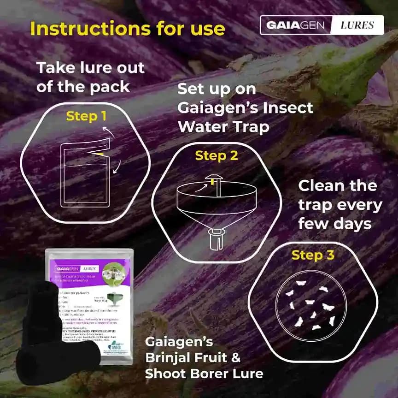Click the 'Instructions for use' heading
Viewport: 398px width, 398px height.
point(128,29)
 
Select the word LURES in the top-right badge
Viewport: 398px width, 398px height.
point(357,25)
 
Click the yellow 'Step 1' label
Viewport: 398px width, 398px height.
point(82,116)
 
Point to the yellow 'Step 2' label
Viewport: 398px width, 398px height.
point(217,156)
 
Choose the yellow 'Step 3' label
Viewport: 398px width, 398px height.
point(313,255)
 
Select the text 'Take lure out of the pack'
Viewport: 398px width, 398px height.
point(90,77)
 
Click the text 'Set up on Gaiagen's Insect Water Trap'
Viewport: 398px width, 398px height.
point(245,108)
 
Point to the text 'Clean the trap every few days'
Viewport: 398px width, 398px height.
point(340,205)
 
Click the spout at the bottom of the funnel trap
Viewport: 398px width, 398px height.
point(217,238)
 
